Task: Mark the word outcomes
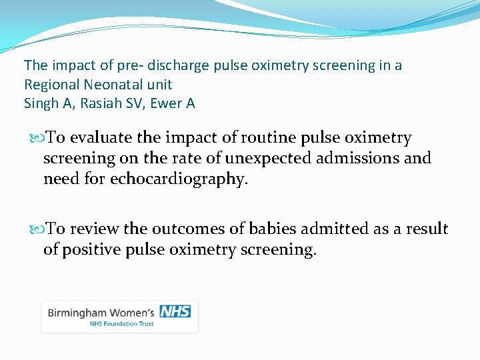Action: click(x=181, y=229)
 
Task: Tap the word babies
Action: click(x=265, y=229)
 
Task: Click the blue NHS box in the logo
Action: click(x=175, y=311)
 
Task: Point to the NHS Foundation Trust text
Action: click(x=122, y=324)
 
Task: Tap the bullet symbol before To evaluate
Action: click(x=36, y=139)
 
